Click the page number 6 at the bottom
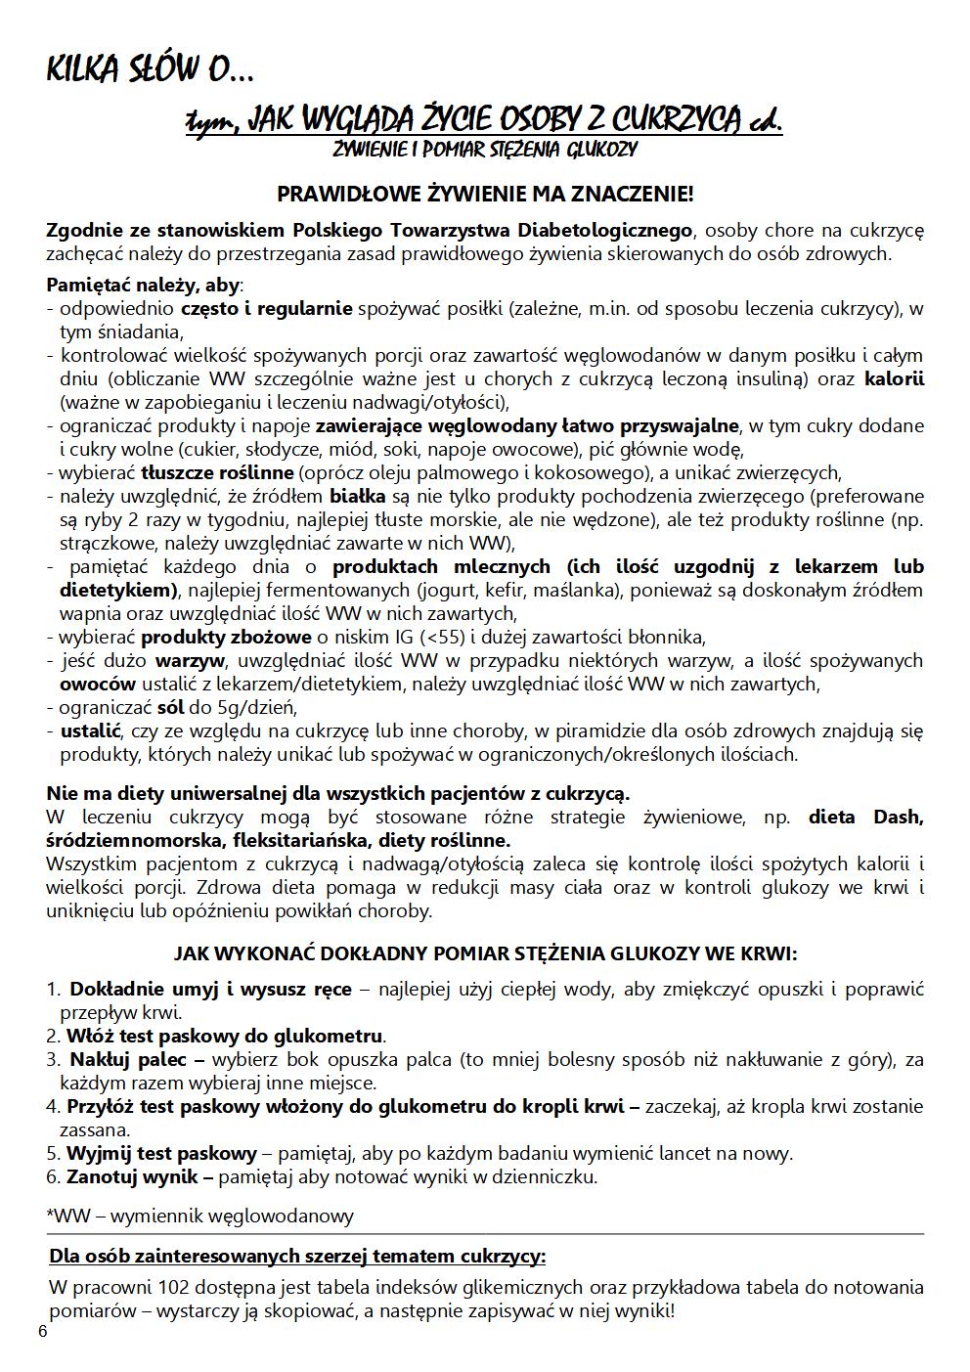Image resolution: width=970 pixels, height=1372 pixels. click(42, 1331)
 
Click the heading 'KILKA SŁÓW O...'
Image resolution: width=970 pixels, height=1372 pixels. click(151, 71)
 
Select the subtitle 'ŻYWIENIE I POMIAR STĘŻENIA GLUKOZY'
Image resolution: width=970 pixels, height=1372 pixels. click(485, 150)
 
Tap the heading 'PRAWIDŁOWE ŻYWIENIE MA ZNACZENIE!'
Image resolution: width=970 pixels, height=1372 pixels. click(485, 194)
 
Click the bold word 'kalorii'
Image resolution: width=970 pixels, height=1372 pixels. click(894, 379)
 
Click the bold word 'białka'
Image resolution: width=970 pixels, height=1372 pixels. click(358, 497)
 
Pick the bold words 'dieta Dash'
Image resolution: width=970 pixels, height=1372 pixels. click(864, 818)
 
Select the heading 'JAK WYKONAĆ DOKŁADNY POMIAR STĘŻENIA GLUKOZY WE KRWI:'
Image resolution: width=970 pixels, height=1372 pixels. click(485, 953)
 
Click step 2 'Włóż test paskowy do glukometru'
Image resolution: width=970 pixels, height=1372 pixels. click(225, 1037)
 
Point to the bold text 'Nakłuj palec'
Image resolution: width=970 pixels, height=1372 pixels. click(135, 1060)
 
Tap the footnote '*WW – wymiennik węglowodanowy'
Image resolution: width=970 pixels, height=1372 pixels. click(200, 1217)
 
